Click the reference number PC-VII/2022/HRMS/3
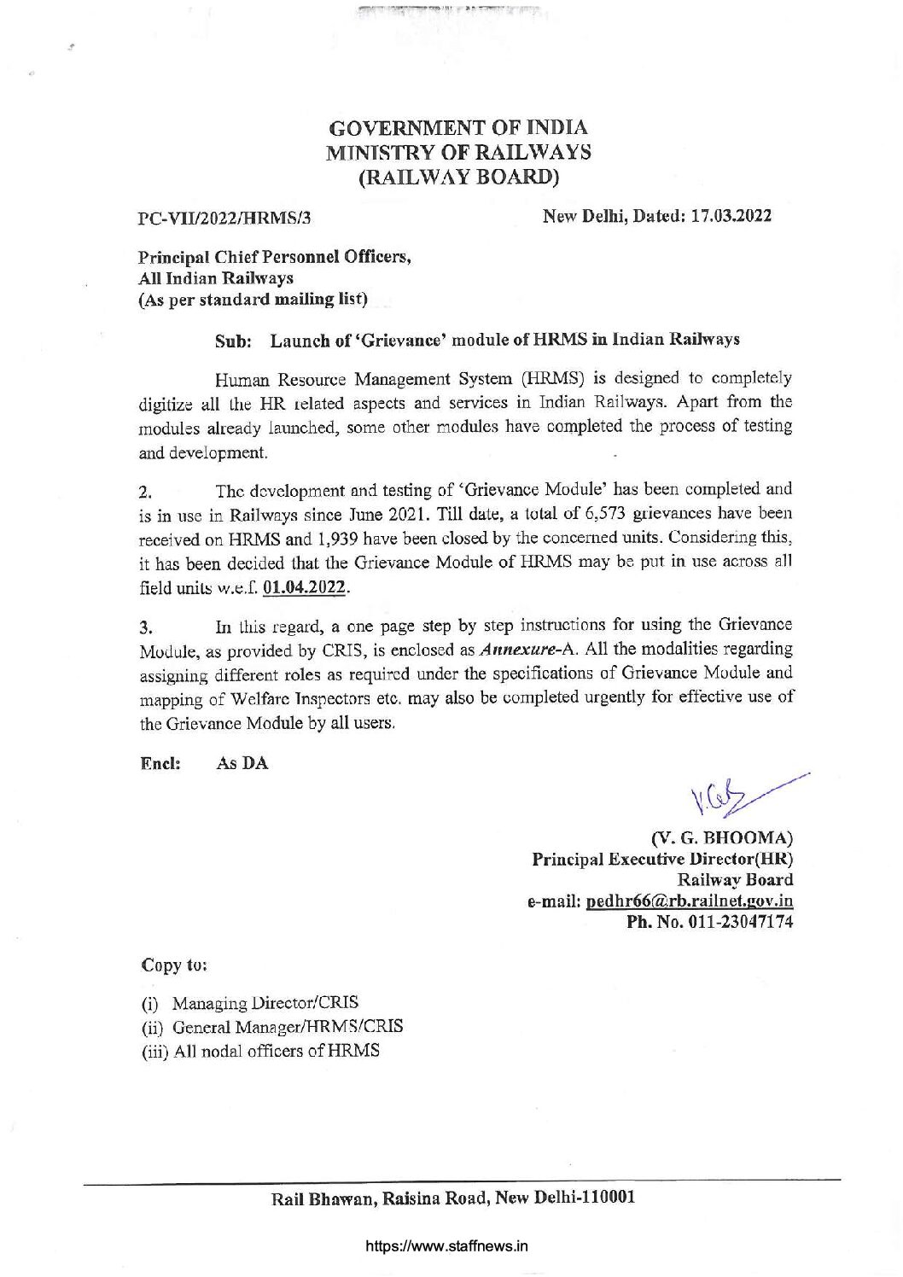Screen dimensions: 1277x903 coord(224,217)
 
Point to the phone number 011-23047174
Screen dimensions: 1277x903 coord(740,922)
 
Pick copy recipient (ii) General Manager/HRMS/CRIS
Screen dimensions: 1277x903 coord(271,1027)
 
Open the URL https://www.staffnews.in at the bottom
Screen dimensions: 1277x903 coord(446,1245)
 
